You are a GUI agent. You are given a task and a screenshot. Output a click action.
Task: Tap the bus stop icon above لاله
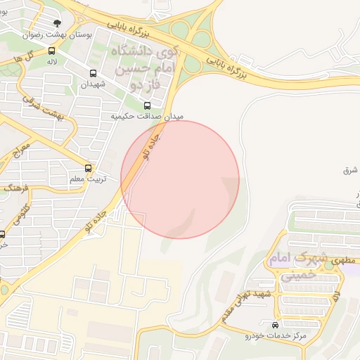click(x=52, y=51)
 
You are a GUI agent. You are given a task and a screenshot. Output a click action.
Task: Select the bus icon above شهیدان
click(x=93, y=73)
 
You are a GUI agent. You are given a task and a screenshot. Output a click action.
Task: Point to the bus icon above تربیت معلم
click(x=88, y=168)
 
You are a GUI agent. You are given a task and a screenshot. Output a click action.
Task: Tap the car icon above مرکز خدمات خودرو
click(x=274, y=326)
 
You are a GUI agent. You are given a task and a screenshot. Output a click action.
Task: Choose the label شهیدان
click(x=92, y=84)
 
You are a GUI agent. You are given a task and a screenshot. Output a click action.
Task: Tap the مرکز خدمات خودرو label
click(x=281, y=336)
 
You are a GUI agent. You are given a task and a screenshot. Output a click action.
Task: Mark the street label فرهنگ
click(x=18, y=188)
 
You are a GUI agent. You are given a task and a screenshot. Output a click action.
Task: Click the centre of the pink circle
click(x=180, y=179)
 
